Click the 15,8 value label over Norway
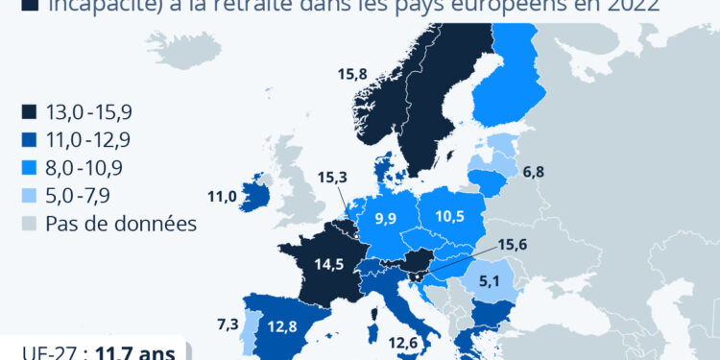(x=352, y=72)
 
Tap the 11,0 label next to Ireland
(x=222, y=197)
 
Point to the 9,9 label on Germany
(x=386, y=219)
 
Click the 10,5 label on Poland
(x=449, y=215)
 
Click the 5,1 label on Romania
(x=488, y=281)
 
